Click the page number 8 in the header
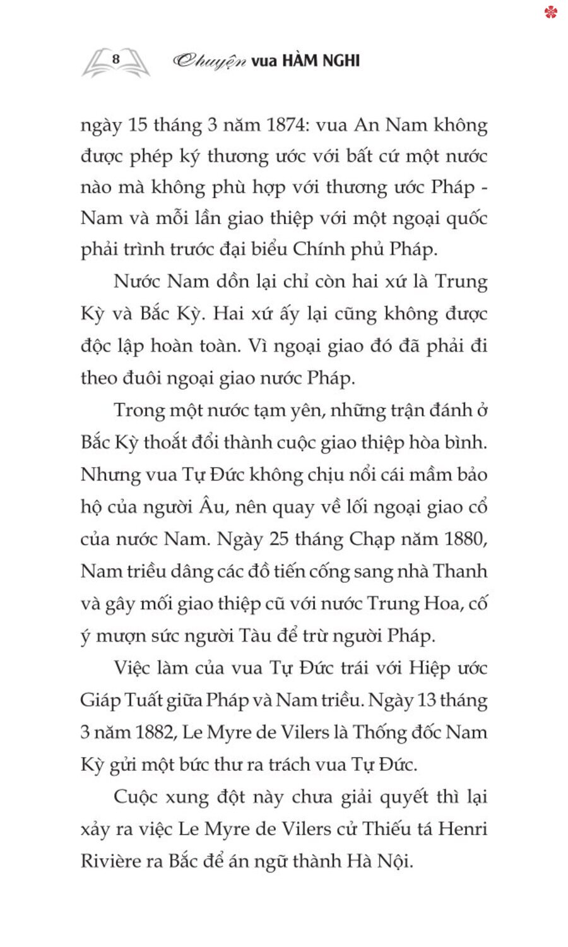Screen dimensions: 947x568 115,59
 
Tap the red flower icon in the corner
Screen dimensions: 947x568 551,11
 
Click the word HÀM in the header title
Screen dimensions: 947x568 301,61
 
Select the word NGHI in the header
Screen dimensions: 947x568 341,61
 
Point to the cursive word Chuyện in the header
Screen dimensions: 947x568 209,61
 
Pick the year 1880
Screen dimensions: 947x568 465,539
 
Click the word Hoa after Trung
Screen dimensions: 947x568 442,604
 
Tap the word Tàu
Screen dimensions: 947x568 254,636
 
